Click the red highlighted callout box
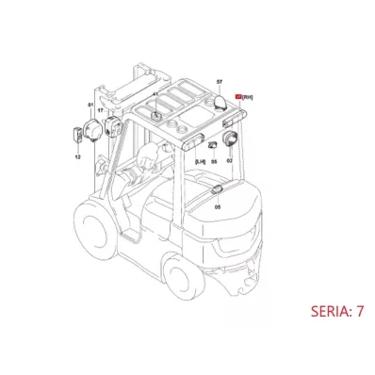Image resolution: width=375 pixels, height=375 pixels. click(238, 95)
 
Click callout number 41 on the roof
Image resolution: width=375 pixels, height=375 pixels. click(155, 95)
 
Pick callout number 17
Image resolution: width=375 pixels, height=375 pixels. click(101, 111)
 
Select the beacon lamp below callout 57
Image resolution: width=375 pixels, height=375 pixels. click(218, 100)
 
